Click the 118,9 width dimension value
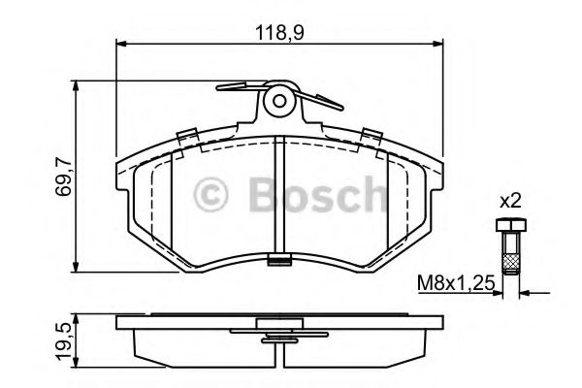(x=279, y=33)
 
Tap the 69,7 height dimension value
(x=63, y=177)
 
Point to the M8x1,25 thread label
(x=456, y=283)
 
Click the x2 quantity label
(x=511, y=202)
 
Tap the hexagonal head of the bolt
(x=511, y=225)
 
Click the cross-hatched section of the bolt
(x=511, y=263)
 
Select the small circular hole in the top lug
(x=279, y=101)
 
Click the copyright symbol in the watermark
(x=210, y=195)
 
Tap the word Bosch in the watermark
(x=318, y=195)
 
